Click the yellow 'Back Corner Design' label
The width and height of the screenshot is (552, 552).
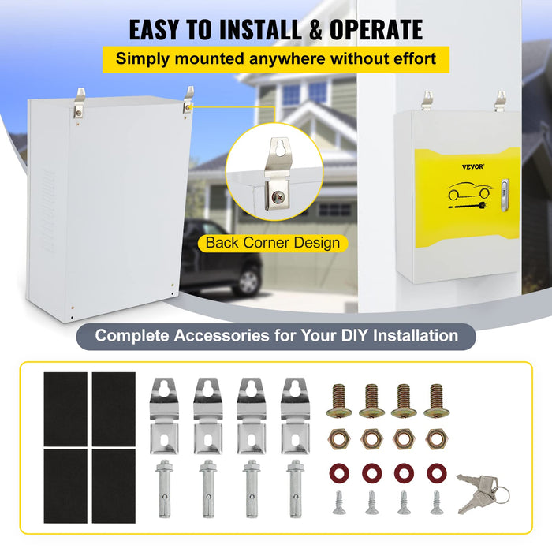point(272,242)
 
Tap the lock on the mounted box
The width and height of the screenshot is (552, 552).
point(505,190)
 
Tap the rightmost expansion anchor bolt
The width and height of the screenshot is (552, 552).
point(294,487)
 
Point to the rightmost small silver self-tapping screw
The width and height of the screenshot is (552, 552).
point(435,502)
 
